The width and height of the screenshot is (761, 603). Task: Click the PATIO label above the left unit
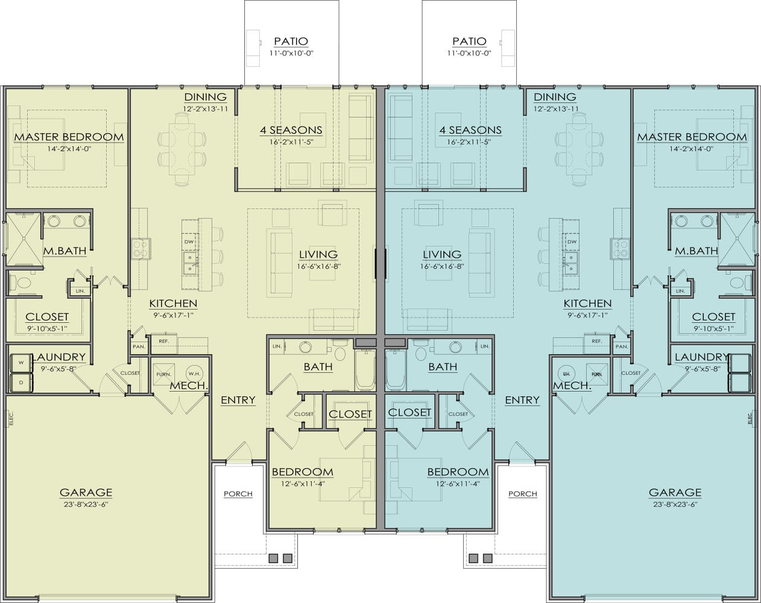[291, 41]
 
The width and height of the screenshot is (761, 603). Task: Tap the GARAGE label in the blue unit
[675, 492]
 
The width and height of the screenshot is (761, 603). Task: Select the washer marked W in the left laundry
[21, 363]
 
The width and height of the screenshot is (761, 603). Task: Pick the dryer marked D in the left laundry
[21, 382]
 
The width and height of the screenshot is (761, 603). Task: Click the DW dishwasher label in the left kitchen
[189, 242]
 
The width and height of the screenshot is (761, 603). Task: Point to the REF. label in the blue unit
[596, 342]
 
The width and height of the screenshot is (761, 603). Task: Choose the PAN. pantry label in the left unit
[138, 346]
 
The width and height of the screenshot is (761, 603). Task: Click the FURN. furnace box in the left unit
[163, 374]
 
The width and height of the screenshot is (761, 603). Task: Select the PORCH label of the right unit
[522, 493]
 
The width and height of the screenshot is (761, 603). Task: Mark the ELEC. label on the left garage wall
[10, 418]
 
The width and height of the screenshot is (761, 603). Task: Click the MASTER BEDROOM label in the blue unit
[692, 137]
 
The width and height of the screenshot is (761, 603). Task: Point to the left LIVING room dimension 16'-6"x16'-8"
[318, 266]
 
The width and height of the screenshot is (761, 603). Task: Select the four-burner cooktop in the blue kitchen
[620, 248]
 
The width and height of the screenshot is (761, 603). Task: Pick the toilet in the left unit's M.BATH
[24, 283]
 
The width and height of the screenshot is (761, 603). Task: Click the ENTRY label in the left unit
[238, 400]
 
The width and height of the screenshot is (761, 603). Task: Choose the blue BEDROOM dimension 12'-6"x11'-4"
[457, 483]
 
